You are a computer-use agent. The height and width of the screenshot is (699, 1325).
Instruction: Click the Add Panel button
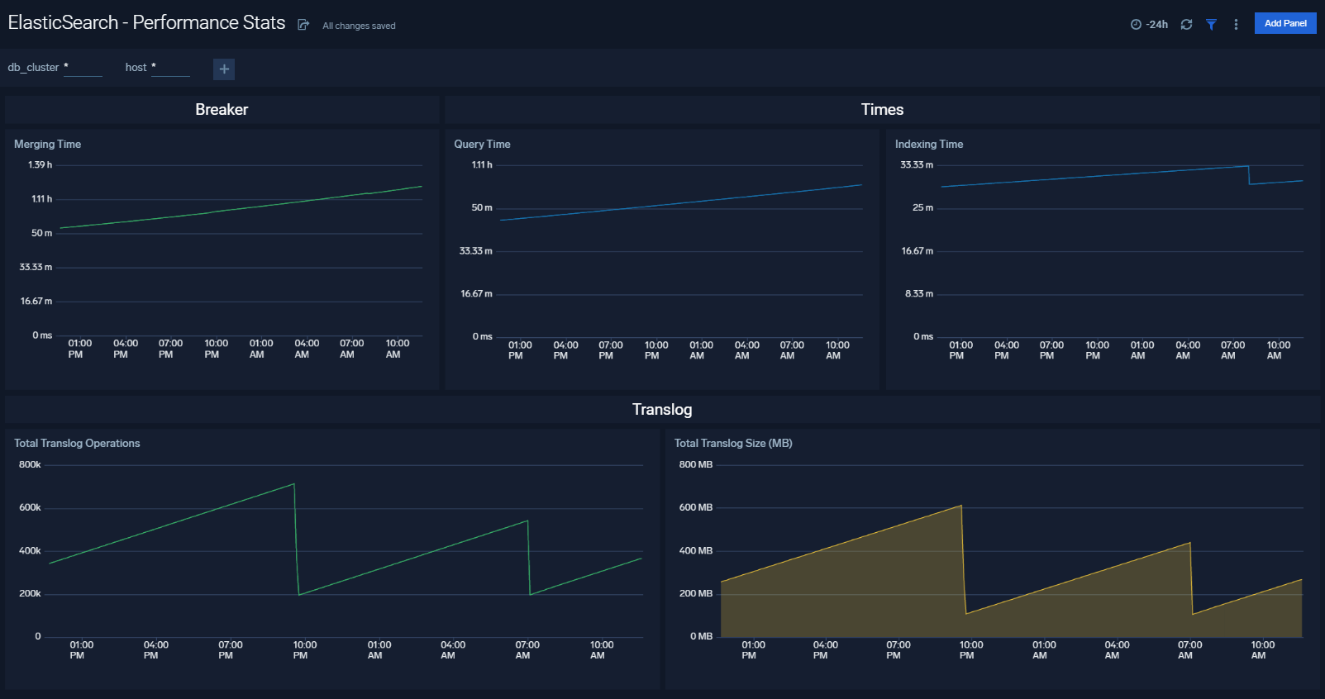(1284, 23)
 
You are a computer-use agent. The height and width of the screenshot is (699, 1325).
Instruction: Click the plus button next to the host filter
(224, 69)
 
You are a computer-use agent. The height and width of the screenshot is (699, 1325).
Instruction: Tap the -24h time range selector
(1149, 25)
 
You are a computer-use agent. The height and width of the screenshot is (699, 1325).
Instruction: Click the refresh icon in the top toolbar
(1186, 25)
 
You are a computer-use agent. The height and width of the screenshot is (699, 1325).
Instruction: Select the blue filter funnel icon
(1211, 25)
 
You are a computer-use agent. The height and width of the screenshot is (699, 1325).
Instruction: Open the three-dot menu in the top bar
(1236, 25)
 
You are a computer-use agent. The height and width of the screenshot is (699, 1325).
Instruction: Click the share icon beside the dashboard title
(303, 25)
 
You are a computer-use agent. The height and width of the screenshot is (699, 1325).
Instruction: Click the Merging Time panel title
(47, 144)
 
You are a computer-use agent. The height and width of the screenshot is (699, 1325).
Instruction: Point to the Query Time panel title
(482, 144)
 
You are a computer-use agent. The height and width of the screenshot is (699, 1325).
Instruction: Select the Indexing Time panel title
(928, 144)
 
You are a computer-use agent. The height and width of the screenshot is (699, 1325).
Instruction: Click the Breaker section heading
(222, 109)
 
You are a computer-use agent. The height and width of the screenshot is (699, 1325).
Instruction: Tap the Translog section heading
(662, 409)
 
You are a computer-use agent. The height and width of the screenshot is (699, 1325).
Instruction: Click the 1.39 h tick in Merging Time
(40, 164)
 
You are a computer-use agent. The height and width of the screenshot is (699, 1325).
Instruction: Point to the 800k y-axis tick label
(30, 464)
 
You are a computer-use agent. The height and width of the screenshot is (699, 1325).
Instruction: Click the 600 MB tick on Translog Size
(695, 507)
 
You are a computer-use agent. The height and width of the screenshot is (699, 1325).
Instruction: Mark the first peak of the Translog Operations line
(294, 484)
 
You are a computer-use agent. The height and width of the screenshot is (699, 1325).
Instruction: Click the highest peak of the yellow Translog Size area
(960, 506)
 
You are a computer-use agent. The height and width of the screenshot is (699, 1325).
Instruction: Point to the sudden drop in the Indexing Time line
(1249, 174)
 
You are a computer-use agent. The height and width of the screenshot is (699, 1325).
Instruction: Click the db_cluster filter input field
(83, 68)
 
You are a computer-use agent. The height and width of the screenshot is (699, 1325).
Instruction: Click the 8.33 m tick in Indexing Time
(918, 293)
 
